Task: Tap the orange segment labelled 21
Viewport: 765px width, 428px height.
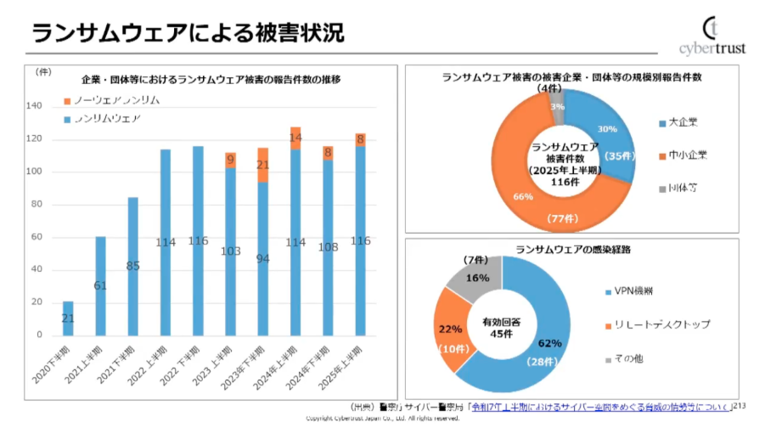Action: click(x=262, y=165)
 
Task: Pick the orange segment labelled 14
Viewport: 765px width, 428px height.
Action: click(x=295, y=138)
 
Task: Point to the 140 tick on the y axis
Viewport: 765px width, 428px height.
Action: click(x=35, y=106)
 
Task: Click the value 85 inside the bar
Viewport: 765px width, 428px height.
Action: click(x=133, y=265)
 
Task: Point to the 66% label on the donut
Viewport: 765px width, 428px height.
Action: click(x=523, y=198)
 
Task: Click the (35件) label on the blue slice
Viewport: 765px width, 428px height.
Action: click(x=620, y=155)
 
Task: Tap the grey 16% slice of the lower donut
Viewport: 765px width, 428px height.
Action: click(x=475, y=279)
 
